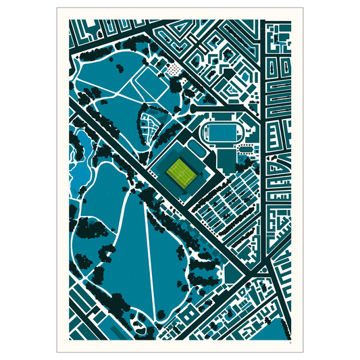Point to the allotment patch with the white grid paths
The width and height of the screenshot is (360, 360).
point(149,125)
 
